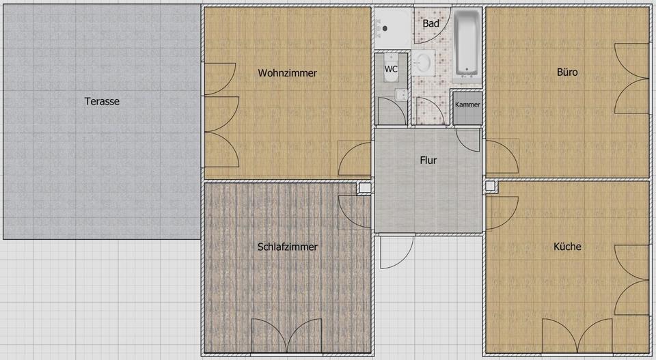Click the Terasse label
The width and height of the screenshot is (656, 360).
pos(102,101)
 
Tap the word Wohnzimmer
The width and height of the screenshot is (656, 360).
pos(287,73)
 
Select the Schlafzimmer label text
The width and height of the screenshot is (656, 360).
pos(287,247)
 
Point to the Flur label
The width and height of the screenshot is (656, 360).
pos(428,161)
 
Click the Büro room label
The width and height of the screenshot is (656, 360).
pos(567,72)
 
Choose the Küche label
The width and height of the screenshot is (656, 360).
pos(567,247)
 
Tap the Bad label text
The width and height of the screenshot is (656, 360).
pos(430,23)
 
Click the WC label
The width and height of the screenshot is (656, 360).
pos(391,69)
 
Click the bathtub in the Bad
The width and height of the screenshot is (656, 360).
pos(467,42)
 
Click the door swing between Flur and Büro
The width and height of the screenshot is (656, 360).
pos(501,157)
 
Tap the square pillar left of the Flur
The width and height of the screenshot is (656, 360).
pos(365,187)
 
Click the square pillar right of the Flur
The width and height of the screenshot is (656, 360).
pos(489,186)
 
